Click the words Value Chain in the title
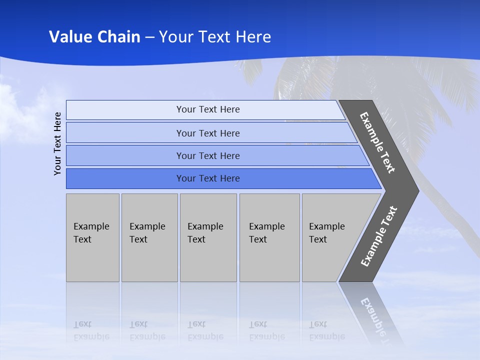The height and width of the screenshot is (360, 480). (x=94, y=37)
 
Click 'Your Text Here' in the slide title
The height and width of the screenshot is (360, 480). (x=215, y=37)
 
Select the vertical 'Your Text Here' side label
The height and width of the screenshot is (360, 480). (x=57, y=143)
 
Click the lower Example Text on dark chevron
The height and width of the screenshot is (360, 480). (x=378, y=236)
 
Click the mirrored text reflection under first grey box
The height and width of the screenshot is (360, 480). (x=91, y=330)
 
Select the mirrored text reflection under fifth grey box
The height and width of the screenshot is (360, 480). (x=327, y=330)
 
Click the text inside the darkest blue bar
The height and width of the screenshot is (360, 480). (x=208, y=178)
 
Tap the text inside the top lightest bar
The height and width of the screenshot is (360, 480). (x=208, y=109)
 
